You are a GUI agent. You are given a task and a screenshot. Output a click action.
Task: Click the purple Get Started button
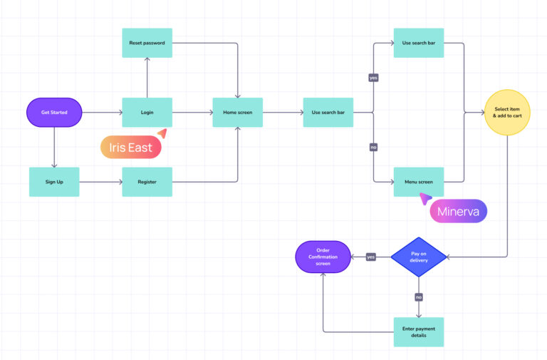point(54,112)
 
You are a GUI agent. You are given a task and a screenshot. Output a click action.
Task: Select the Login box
point(147,112)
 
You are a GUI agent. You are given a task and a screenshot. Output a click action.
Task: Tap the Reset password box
point(147,43)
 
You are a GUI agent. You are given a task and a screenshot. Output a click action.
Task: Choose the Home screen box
point(237,112)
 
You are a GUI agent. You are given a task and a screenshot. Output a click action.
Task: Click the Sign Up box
point(54,182)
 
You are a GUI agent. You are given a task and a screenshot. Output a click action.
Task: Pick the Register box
point(147,182)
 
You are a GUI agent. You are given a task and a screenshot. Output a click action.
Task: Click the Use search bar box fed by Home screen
point(328,112)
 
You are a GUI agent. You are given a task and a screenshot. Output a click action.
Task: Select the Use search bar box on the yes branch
point(418,43)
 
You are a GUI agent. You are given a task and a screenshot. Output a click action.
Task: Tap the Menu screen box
point(418,182)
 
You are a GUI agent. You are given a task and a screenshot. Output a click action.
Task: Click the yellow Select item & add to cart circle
point(507,112)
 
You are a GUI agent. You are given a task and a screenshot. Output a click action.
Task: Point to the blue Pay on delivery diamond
point(418,257)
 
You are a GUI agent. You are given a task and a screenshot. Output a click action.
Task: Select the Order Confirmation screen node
point(324,257)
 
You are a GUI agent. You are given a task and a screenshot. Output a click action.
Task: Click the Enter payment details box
point(418,331)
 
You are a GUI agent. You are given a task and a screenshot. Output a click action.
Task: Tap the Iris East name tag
point(130,148)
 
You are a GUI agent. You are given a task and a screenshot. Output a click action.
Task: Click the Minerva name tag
point(458,211)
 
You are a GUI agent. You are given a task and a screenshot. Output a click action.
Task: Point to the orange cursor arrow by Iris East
point(162,133)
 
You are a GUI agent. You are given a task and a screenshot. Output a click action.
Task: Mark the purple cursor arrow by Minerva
point(425,198)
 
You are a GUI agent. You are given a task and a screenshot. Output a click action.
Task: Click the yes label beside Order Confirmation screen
point(370,257)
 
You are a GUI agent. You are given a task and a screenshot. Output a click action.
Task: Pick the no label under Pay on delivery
point(418,296)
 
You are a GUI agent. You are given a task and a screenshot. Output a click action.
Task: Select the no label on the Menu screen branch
point(373,148)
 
